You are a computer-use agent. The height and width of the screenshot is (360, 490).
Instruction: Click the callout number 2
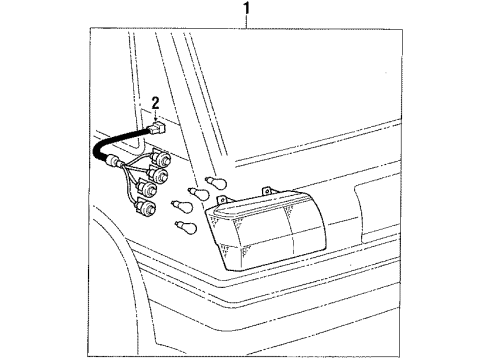click(x=155, y=101)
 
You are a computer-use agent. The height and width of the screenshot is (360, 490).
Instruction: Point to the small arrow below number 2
click(x=156, y=117)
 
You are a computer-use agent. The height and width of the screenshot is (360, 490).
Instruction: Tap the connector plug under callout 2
click(x=157, y=129)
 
